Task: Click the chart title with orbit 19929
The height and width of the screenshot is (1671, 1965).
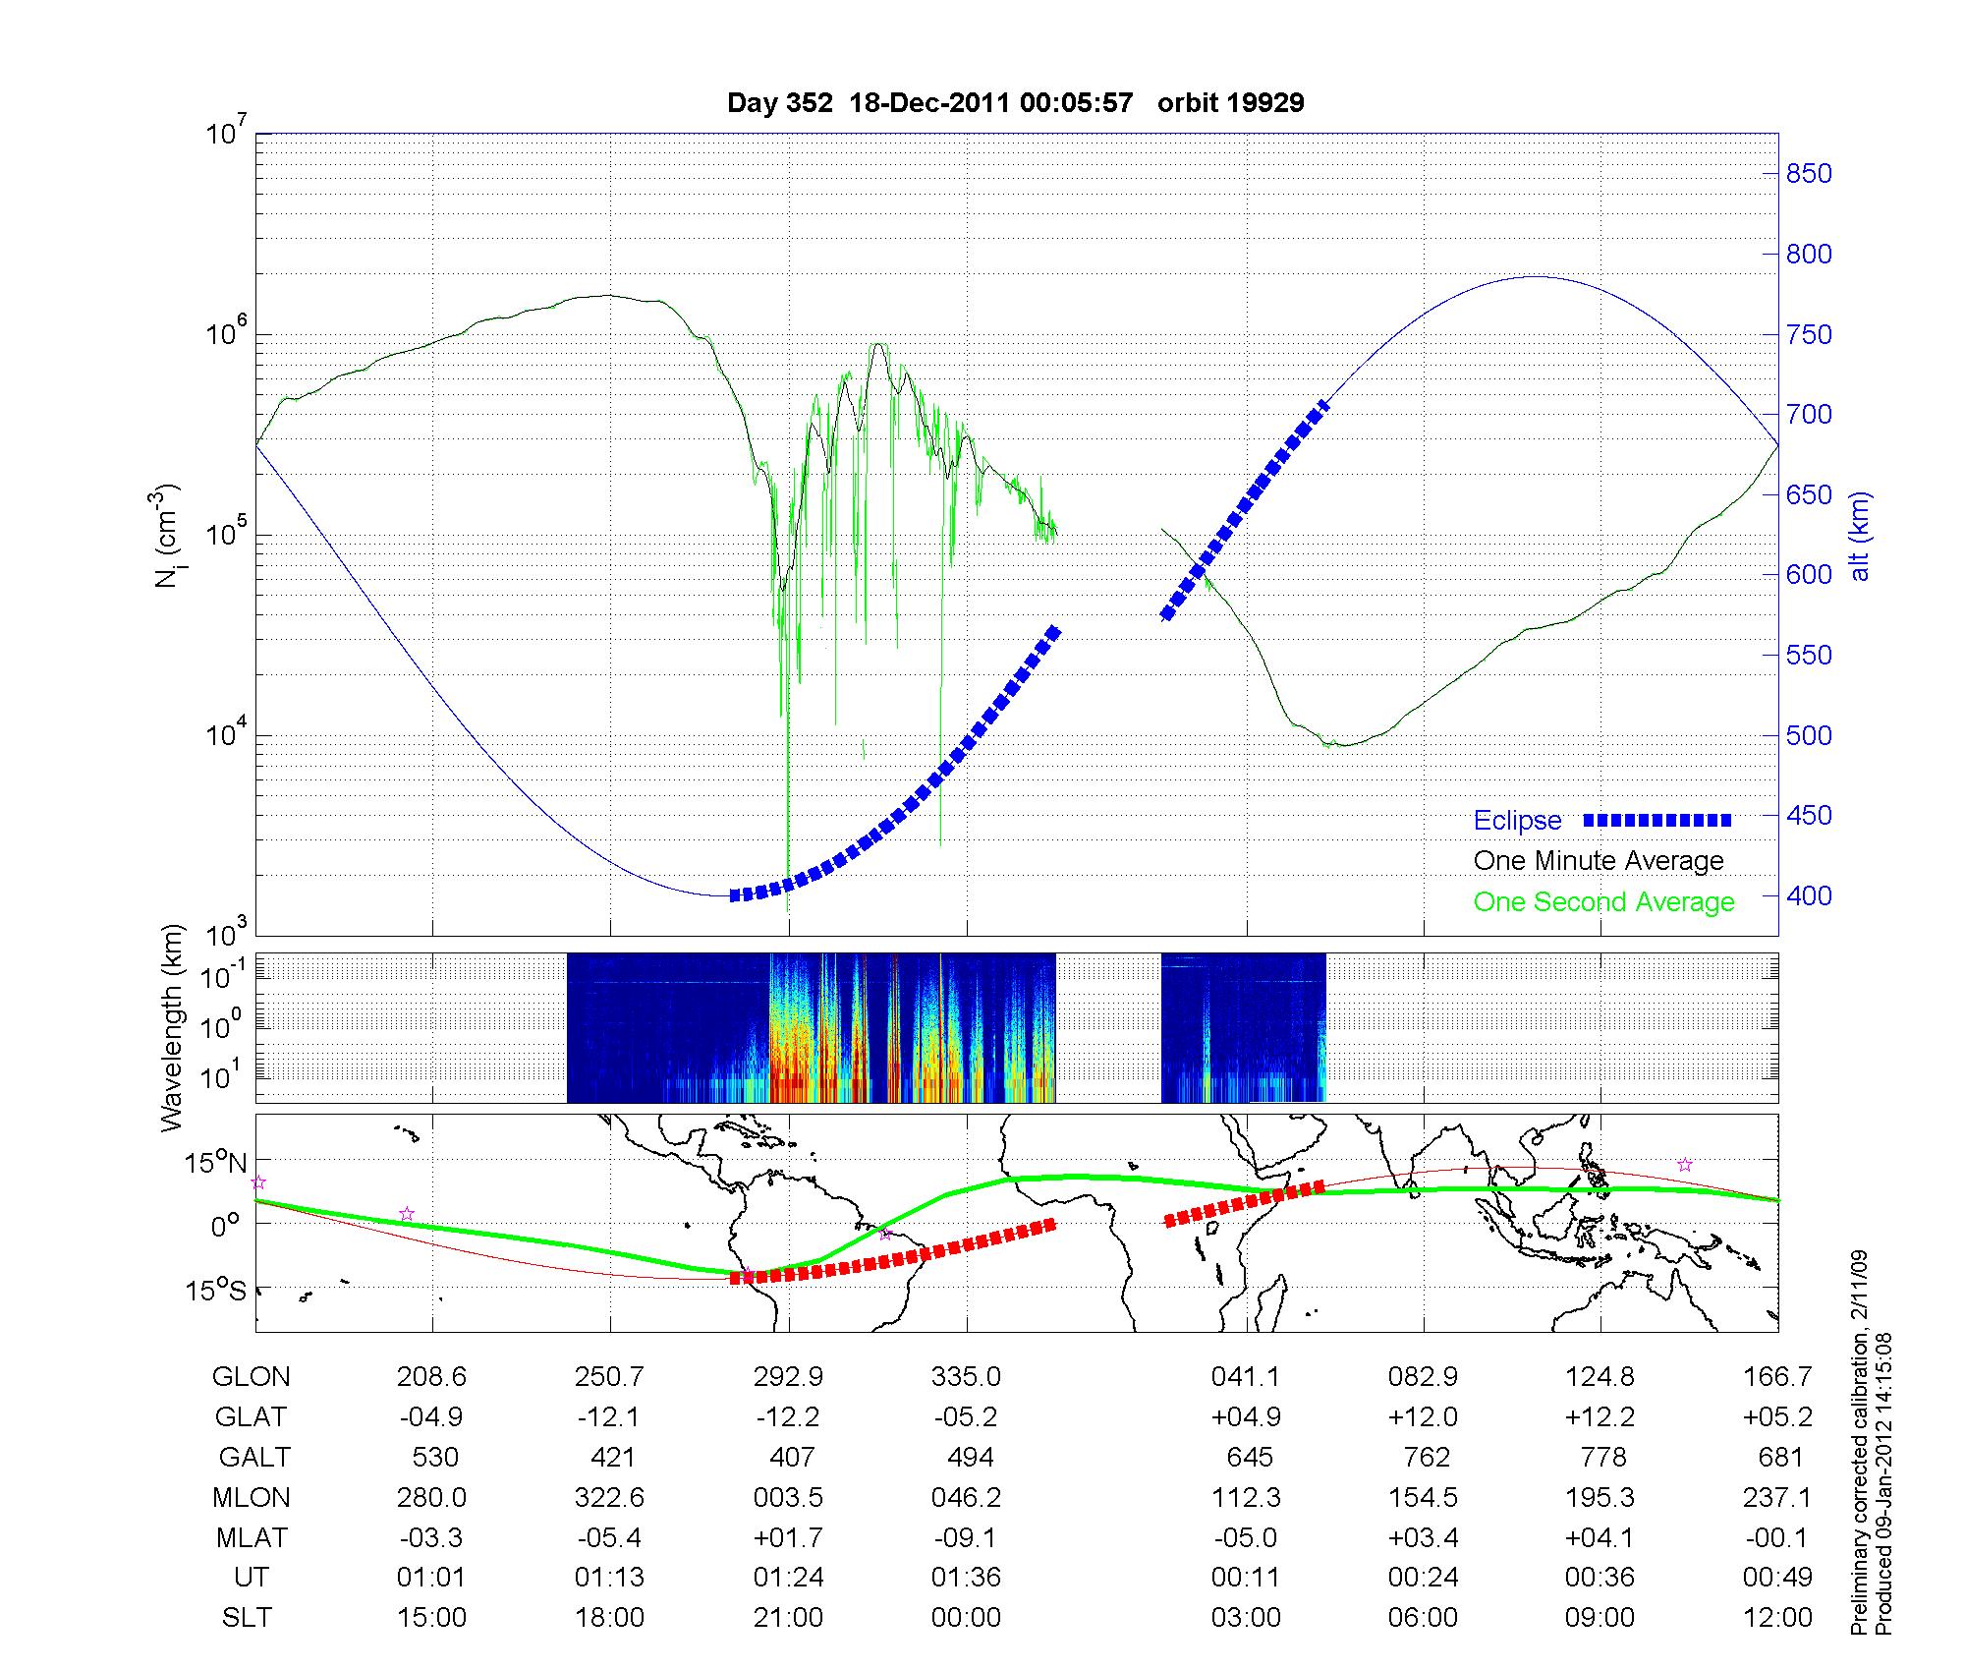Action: point(1015,103)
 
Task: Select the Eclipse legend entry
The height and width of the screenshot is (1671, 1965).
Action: point(1517,821)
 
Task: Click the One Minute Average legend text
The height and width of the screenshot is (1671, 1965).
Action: point(1599,861)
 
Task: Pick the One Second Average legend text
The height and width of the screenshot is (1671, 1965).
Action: point(1603,902)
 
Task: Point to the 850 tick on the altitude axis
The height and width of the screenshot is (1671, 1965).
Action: point(1808,174)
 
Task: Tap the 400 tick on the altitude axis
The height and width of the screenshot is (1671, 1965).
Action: point(1808,895)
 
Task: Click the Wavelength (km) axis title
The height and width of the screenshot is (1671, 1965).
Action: point(173,1027)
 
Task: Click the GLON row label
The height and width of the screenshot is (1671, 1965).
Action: point(252,1377)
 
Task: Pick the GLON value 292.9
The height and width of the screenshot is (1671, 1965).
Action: point(789,1377)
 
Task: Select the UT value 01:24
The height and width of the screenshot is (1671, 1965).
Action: point(789,1578)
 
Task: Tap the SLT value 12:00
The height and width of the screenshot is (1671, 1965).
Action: point(1777,1618)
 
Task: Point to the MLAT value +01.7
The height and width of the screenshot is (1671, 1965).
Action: point(789,1537)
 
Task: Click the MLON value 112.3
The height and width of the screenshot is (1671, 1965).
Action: point(1246,1497)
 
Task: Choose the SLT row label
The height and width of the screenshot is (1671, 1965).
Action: point(247,1618)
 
